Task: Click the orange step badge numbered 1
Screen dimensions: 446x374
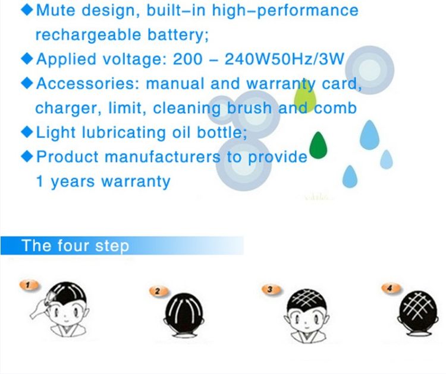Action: pyautogui.click(x=29, y=285)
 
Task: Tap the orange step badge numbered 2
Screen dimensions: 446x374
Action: pyautogui.click(x=159, y=291)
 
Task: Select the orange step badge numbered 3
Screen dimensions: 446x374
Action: pyautogui.click(x=271, y=289)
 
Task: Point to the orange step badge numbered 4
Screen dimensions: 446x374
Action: pyautogui.click(x=391, y=289)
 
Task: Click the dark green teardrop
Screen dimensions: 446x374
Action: pyautogui.click(x=318, y=145)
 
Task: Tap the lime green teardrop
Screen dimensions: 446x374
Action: pyautogui.click(x=305, y=97)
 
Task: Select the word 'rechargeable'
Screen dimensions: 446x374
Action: pyautogui.click(x=88, y=35)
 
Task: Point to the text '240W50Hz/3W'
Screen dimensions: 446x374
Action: pyautogui.click(x=284, y=59)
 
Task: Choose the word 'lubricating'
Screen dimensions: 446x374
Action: pyautogui.click(x=124, y=132)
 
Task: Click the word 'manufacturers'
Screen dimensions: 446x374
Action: pyautogui.click(x=163, y=157)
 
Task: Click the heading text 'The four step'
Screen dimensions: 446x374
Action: pyautogui.click(x=76, y=246)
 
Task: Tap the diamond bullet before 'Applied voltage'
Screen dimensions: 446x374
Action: pyautogui.click(x=27, y=59)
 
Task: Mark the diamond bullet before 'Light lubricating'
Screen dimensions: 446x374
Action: pyautogui.click(x=27, y=132)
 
